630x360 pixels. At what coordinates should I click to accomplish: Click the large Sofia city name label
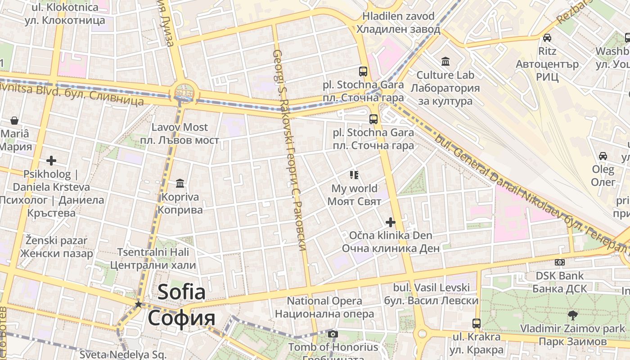pyautogui.click(x=181, y=305)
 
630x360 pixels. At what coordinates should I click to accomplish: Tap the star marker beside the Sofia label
pyautogui.click(x=138, y=305)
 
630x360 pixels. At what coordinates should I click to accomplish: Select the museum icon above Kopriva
pyautogui.click(x=180, y=183)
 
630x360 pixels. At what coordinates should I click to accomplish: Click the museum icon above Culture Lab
pyautogui.click(x=445, y=61)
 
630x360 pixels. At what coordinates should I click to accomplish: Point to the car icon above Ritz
pyautogui.click(x=547, y=38)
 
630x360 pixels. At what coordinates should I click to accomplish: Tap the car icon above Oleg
pyautogui.click(x=603, y=156)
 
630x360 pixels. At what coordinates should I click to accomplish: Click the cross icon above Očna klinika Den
pyautogui.click(x=390, y=222)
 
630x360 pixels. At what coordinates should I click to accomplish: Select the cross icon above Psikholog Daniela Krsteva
pyautogui.click(x=51, y=160)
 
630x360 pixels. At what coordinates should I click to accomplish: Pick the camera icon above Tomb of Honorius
pyautogui.click(x=333, y=334)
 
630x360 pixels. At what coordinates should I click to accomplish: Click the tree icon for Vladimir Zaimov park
pyautogui.click(x=572, y=315)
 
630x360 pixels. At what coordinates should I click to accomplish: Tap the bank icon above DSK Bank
pyautogui.click(x=560, y=262)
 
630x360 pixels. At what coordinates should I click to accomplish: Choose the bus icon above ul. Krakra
pyautogui.click(x=477, y=323)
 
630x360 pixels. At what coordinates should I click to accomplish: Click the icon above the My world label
pyautogui.click(x=354, y=175)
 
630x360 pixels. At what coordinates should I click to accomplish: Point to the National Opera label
pyautogui.click(x=324, y=307)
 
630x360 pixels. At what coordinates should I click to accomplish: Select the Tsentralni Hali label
pyautogui.click(x=153, y=258)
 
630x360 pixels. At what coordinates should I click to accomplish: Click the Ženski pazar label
pyautogui.click(x=56, y=247)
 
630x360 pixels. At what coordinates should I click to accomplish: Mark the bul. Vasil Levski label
pyautogui.click(x=431, y=294)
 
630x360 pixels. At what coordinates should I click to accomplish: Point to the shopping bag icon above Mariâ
pyautogui.click(x=14, y=121)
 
